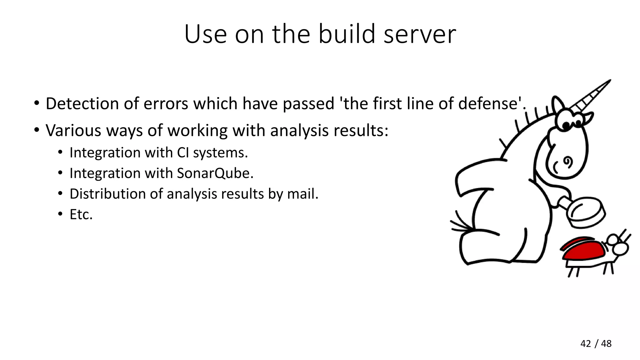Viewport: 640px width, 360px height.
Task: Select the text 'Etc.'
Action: coord(81,215)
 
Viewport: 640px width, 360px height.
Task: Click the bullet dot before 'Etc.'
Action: coord(60,215)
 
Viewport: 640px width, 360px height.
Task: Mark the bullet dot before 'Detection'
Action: coord(37,103)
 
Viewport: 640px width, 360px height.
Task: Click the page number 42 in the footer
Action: coord(586,344)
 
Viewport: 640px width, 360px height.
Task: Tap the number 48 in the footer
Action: coord(606,344)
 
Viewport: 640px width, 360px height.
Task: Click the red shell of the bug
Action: coord(583,250)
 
